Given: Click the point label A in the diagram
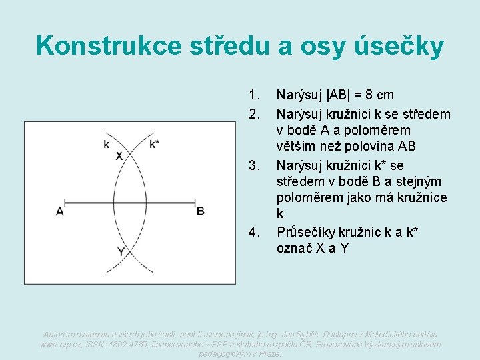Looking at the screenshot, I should tap(60, 212).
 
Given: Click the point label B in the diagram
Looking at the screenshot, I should tap(200, 211).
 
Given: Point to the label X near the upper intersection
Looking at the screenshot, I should tap(119, 156).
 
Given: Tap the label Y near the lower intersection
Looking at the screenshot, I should tap(121, 252).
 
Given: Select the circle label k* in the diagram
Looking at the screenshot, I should tap(155, 143).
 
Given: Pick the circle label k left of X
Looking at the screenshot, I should tap(106, 144).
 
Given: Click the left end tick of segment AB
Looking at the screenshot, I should tap(65, 202).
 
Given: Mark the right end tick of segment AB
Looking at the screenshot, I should tap(195, 202).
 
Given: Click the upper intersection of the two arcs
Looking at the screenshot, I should tap(130, 153).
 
